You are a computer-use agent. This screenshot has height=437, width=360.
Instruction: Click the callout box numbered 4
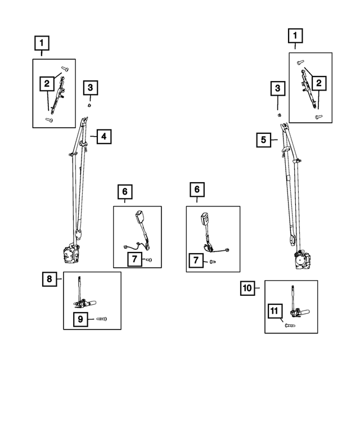coord(104,137)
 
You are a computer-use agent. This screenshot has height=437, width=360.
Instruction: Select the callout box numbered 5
coord(264,139)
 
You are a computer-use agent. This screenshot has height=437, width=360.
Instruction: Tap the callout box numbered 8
coord(49,279)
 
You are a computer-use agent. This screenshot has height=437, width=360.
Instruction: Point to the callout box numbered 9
coord(80,319)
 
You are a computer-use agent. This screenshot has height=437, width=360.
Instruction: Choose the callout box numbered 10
coord(247,288)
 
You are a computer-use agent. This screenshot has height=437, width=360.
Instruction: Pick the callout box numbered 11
coord(274,311)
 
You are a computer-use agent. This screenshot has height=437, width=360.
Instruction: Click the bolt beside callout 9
coord(102,319)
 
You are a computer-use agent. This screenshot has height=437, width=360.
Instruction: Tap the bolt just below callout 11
coord(290,325)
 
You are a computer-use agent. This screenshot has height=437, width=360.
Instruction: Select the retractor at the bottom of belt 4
coord(71,254)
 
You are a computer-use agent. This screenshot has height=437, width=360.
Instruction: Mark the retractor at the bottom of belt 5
coord(303,260)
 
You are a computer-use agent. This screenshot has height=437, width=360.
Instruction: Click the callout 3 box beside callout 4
coord(90,88)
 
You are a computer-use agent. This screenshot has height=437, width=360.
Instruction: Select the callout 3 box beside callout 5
coord(277,88)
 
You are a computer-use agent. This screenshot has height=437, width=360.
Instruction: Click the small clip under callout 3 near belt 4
coord(89,105)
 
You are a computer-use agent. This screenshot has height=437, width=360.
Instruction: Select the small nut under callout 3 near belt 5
coord(279,115)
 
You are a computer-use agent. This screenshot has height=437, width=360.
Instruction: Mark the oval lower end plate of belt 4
coord(78,233)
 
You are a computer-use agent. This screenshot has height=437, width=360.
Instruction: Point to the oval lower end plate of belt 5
coord(292,240)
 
